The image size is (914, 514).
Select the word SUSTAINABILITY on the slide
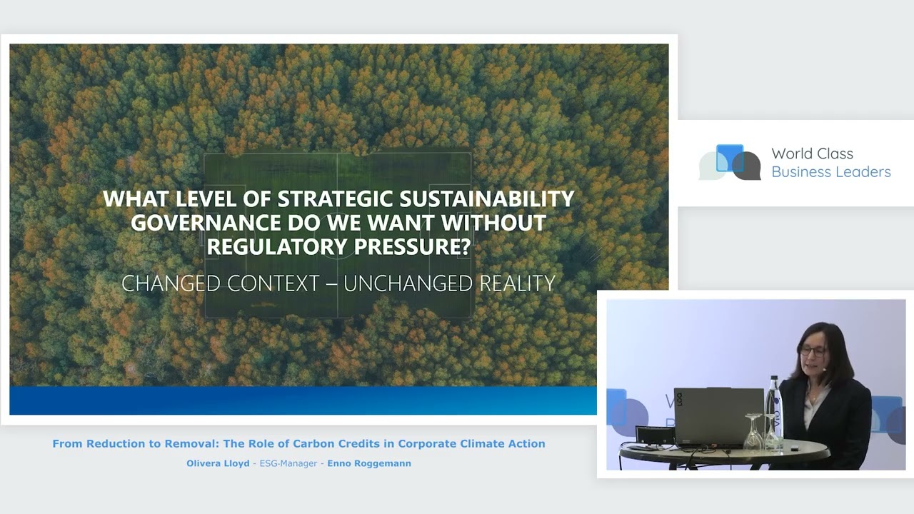pos(487,198)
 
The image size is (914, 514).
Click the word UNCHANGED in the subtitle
pos(408,283)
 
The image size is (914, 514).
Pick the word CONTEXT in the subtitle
pos(273,283)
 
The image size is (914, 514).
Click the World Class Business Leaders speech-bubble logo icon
pos(730,162)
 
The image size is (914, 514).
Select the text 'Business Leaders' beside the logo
pos(831,172)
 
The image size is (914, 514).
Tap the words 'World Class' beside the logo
pos(812,153)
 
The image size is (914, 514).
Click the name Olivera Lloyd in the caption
pos(218,463)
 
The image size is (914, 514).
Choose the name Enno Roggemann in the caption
pos(369,463)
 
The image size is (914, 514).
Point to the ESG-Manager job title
pos(288,463)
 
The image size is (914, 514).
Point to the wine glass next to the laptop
pos(753,432)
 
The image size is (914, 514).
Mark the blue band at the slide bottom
pos(303,400)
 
